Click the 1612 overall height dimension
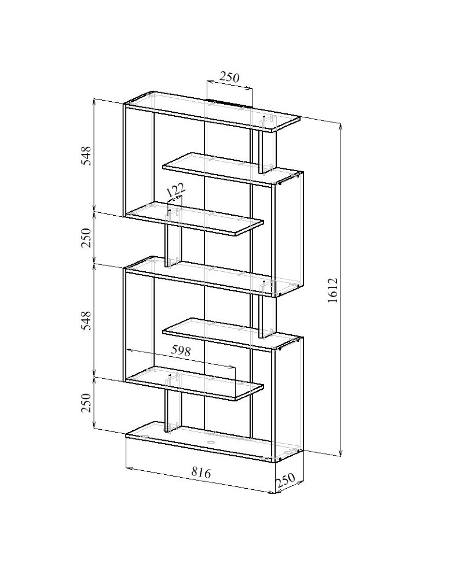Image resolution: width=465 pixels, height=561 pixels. pos(333,290)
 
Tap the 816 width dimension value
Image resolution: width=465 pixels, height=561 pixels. pos(200,473)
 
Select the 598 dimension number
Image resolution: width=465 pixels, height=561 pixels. pos(180,350)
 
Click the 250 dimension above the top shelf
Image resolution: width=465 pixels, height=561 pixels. pos(229,77)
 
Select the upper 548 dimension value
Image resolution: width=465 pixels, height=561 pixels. pos(86,155)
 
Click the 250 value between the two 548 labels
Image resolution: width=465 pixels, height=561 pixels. pos(86,238)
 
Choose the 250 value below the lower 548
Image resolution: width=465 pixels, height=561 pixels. pos(86,403)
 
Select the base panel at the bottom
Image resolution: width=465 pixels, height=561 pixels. pos(214,442)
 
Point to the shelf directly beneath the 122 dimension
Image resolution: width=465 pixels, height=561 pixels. pos(195,219)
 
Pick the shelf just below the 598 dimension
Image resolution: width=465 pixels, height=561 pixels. pos(195,383)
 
